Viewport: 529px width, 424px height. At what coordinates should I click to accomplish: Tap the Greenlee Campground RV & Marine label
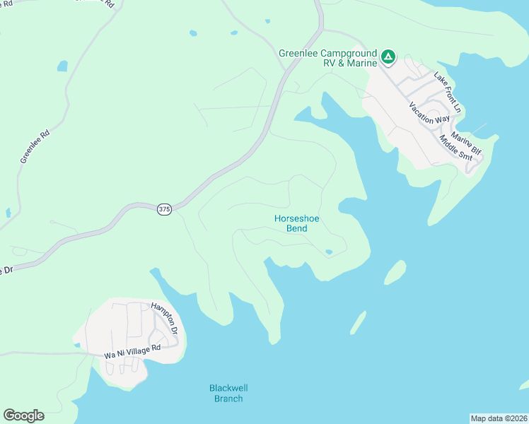pyautogui.click(x=329, y=58)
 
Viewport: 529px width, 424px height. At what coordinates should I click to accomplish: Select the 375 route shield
pyautogui.click(x=164, y=209)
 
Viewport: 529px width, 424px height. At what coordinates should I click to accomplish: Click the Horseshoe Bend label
pyautogui.click(x=297, y=223)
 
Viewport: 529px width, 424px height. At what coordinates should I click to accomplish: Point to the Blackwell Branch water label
pyautogui.click(x=228, y=393)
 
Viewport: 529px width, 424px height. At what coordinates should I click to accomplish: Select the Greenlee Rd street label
pyautogui.click(x=35, y=146)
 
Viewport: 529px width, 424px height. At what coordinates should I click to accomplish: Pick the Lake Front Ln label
pyautogui.click(x=447, y=93)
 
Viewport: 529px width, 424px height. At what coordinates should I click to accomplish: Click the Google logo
pyautogui.click(x=23, y=416)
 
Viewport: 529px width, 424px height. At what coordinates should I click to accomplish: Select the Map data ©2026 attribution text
pyautogui.click(x=499, y=418)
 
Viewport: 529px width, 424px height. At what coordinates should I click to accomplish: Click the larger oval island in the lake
pyautogui.click(x=395, y=272)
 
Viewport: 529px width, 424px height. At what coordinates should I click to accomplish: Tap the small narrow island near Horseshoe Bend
pyautogui.click(x=359, y=322)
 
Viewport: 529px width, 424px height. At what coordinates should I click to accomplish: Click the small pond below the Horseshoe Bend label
pyautogui.click(x=328, y=252)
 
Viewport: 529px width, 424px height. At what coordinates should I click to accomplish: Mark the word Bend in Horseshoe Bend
pyautogui.click(x=297, y=228)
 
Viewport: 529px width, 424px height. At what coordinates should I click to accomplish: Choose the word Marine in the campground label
pyautogui.click(x=356, y=64)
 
